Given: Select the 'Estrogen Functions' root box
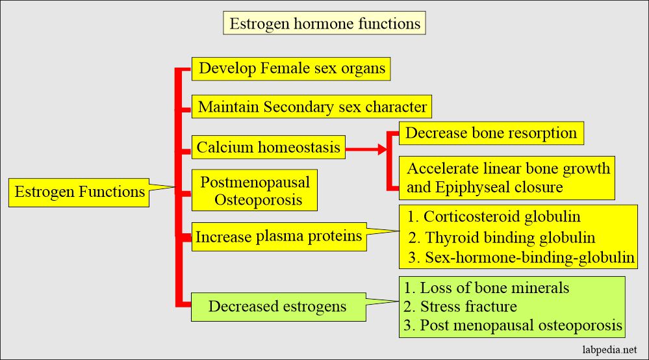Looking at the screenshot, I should pos(80,192).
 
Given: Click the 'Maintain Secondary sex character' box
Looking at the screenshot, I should pos(312,107).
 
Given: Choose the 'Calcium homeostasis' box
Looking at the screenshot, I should pos(269,148).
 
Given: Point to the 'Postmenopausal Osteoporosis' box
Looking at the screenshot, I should pos(255,190).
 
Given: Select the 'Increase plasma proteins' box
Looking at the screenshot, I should pos(279,237).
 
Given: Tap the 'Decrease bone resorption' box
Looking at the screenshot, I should pos(490,133).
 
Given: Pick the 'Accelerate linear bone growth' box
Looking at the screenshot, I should pos(508,169).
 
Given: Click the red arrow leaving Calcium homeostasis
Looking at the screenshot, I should pos(367,149).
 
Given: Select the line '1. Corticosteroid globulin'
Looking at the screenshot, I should pos(494,217).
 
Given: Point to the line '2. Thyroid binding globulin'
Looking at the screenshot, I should pos(502,238).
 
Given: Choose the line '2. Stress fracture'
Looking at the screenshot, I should pos(460,306).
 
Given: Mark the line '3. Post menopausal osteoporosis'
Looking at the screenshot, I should pos(513,325).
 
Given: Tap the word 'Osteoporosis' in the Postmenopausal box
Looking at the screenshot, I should pos(259,199).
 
